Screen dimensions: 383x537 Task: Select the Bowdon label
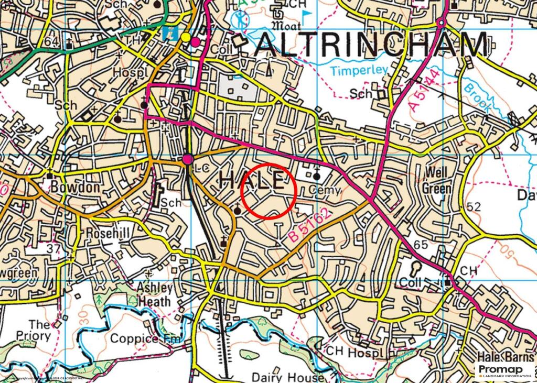click(x=70, y=186)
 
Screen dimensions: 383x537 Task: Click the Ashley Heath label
click(x=154, y=295)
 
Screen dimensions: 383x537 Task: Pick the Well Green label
click(x=436, y=180)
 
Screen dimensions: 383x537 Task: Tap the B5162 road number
click(x=310, y=225)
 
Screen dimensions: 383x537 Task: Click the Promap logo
click(x=503, y=371)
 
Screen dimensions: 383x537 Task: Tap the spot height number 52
click(x=473, y=207)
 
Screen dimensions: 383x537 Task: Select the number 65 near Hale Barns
click(x=421, y=245)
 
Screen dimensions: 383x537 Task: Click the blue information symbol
click(x=169, y=32)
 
